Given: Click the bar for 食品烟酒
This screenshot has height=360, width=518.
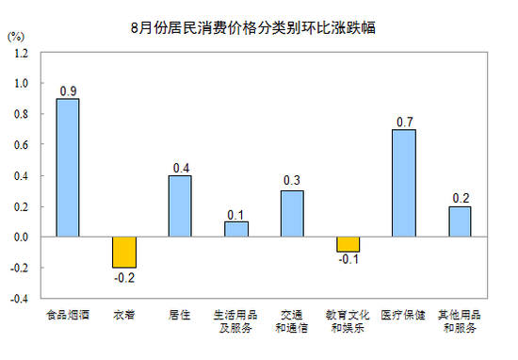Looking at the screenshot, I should tap(68, 168).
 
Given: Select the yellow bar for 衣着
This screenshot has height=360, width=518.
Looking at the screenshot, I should tap(123, 253).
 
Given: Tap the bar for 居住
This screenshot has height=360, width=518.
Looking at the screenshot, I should tap(180, 206).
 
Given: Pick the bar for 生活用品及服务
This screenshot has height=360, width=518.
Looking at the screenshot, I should tap(236, 229).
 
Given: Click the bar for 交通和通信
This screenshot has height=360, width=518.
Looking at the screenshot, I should tap(292, 214).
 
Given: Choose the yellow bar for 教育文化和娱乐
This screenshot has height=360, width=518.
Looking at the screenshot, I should tap(348, 245).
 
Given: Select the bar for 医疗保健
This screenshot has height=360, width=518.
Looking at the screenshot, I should tap(404, 183).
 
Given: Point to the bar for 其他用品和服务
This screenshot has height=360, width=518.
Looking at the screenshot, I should tap(460, 221).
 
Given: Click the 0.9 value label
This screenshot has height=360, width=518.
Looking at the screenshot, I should tap(68, 90).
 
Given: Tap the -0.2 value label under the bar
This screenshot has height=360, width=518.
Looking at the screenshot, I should tap(123, 277).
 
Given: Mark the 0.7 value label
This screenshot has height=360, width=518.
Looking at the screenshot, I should tap(404, 122).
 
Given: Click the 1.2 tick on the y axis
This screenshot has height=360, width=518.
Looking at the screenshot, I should tap(21, 53).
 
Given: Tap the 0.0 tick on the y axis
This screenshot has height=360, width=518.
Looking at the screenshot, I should tap(21, 237).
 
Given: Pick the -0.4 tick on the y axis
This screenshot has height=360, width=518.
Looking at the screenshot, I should tap(19, 299).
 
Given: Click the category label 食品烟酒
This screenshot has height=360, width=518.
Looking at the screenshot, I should tap(68, 315).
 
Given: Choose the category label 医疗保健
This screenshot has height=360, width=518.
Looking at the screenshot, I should tap(404, 315).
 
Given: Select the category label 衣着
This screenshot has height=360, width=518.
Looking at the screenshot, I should tap(123, 315).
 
